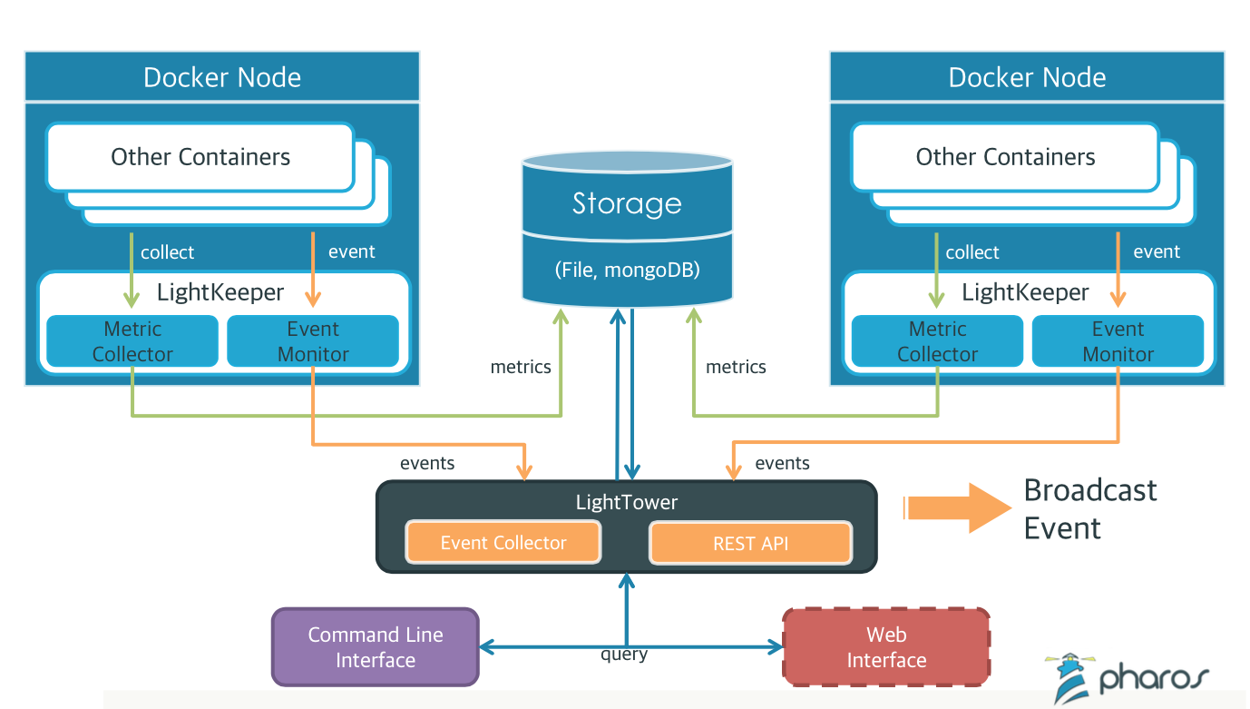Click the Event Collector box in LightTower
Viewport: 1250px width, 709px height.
coord(503,543)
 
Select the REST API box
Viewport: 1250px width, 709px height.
coord(751,543)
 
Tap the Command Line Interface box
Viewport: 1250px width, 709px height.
coord(375,647)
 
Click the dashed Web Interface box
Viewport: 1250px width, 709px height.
coord(886,647)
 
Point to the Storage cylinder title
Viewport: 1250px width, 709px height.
coord(627,203)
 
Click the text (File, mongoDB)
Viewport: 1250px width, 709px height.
coord(627,270)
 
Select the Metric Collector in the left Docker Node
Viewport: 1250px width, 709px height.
coord(132,341)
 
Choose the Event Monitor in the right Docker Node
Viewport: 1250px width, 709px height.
coord(1118,341)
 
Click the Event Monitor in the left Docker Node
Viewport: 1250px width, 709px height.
coord(313,341)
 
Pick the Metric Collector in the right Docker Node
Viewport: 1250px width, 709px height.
coord(937,341)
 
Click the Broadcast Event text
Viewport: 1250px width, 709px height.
coord(1089,508)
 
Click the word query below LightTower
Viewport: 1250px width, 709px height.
coord(624,654)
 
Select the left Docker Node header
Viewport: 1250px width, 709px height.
coord(222,77)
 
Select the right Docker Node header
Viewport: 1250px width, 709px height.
coord(1027,77)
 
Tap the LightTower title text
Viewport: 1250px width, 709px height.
coord(627,502)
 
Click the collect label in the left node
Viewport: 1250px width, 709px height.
coord(167,252)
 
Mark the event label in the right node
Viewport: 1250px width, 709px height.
coord(1157,251)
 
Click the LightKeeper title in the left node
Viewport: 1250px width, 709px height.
coord(220,292)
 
